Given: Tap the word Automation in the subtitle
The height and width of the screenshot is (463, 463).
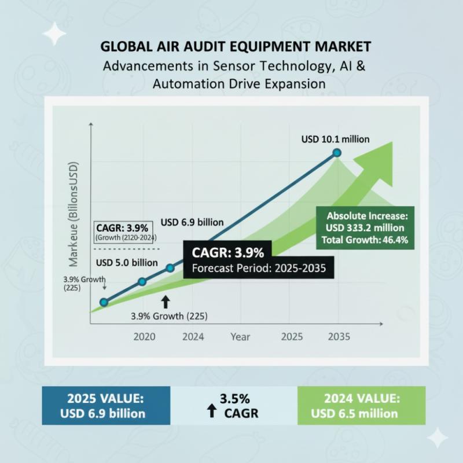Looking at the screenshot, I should (181, 83).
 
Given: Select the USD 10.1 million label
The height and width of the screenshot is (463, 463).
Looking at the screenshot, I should (336, 139).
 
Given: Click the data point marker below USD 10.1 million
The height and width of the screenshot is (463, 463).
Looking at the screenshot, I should (336, 153).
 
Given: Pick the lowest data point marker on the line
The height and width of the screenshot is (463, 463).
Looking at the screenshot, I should (104, 302).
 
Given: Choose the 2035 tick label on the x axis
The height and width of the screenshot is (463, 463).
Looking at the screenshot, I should (338, 337).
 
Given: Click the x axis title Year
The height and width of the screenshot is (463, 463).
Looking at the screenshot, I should (240, 337).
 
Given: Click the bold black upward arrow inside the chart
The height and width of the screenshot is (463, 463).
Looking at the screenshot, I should (166, 300).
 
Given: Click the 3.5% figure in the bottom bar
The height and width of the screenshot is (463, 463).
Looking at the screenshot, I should (234, 399).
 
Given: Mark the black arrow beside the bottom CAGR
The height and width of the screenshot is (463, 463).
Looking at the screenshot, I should (212, 412).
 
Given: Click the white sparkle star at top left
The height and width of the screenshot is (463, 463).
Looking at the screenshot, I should (54, 34).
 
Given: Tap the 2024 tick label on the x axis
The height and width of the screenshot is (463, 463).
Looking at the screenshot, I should (192, 337).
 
